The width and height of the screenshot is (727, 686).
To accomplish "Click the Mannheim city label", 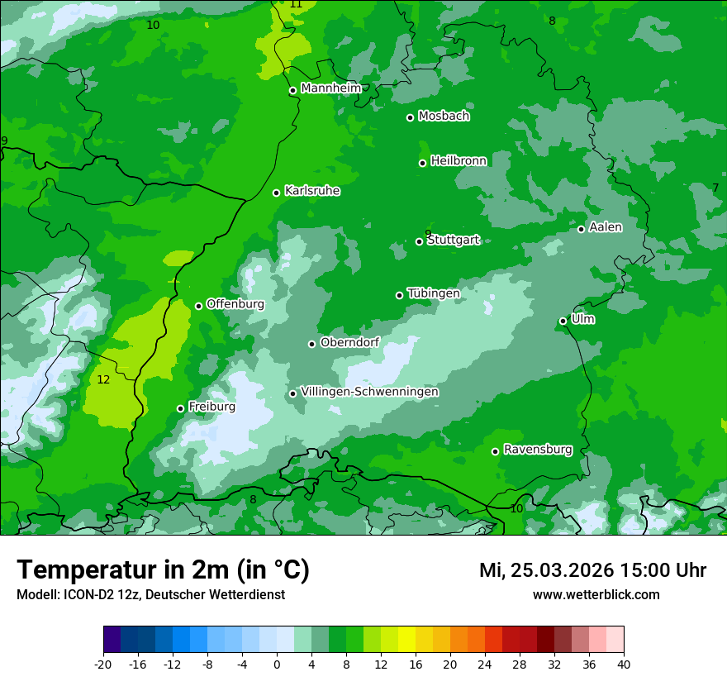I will (x=330, y=88).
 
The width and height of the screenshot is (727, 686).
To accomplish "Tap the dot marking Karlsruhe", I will (x=277, y=193).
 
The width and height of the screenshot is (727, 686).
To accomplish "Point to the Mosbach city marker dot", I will (x=410, y=117).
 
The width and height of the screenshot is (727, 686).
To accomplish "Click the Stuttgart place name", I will (x=454, y=240).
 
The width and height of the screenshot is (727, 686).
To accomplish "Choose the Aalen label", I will (x=606, y=226).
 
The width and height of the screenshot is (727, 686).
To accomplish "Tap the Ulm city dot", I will (x=563, y=321).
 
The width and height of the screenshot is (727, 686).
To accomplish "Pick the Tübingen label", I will (x=434, y=293).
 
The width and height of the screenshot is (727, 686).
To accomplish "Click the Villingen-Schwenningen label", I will (x=369, y=392).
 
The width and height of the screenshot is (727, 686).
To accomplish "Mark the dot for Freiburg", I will (x=181, y=408).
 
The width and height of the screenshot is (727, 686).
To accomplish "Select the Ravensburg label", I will (x=538, y=450).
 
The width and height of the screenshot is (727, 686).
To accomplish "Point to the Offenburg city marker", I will (x=198, y=306).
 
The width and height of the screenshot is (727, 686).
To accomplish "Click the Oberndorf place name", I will (x=349, y=342).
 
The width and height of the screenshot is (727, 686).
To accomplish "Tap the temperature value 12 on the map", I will (x=103, y=380).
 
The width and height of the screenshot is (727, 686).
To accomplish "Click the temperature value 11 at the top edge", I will (x=296, y=5).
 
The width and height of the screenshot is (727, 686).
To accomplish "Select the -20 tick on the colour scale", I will (x=103, y=664).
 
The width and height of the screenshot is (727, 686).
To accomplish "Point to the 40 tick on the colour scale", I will (x=624, y=664).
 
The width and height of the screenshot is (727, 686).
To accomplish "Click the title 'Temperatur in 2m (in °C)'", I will (x=163, y=570).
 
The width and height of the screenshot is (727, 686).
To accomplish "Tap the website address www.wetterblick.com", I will (x=596, y=594).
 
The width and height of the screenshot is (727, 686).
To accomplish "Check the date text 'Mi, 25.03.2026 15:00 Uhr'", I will (x=592, y=570).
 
